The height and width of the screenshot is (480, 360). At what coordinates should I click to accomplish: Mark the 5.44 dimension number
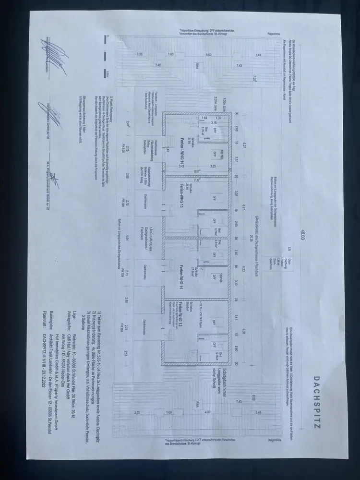point(167,150)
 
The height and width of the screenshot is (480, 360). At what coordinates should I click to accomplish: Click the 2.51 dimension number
point(126,355)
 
